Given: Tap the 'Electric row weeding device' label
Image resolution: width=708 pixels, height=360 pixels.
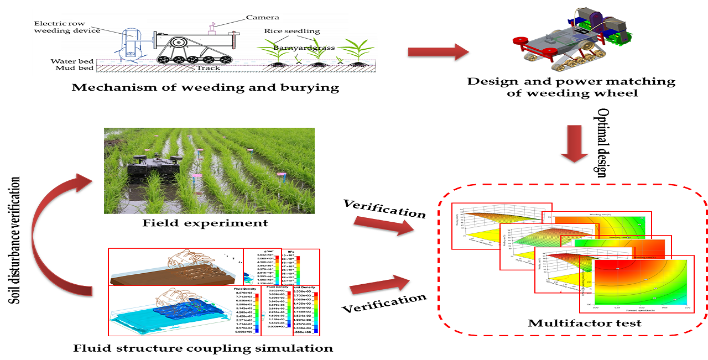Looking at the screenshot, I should pos(67,27).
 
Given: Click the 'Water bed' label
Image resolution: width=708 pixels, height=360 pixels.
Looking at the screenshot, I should pos(72,61).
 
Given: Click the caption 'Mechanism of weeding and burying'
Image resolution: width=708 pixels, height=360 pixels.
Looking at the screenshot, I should pos(205,87).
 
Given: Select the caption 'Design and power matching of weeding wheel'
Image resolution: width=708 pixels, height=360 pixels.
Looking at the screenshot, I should pos(571,87).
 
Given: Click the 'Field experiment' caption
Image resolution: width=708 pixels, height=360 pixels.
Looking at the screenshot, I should pos(205,223).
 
